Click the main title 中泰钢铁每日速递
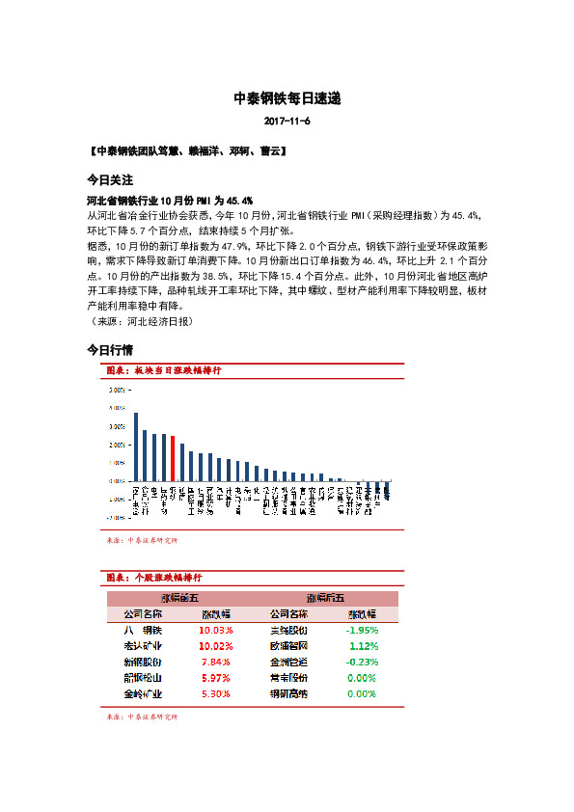click(x=287, y=99)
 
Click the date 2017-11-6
click(x=287, y=122)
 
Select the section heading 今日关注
click(x=110, y=180)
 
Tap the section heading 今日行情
click(x=110, y=349)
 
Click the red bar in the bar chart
click(x=173, y=458)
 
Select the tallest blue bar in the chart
click(x=136, y=447)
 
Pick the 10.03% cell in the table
click(x=215, y=630)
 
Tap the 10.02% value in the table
click(x=215, y=646)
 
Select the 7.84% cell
click(x=215, y=662)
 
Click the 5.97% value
click(x=215, y=678)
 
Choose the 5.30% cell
click(x=215, y=693)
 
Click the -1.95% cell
click(x=361, y=630)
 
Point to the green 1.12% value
click(x=362, y=646)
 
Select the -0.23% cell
click(x=361, y=662)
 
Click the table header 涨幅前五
click(x=178, y=599)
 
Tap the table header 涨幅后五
click(x=324, y=599)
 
